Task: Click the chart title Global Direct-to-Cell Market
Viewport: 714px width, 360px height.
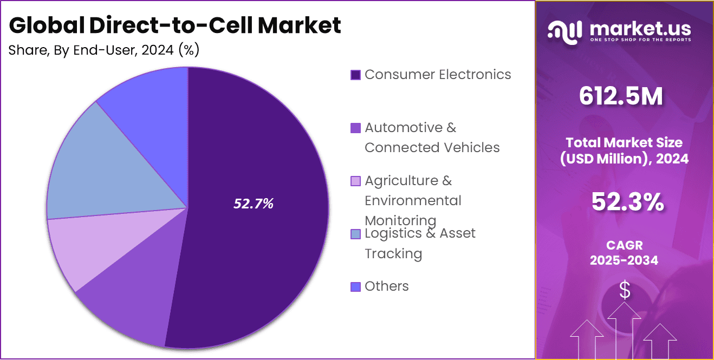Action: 175,25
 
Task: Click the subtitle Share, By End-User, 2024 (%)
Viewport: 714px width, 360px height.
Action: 104,50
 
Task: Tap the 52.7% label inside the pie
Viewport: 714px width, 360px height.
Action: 254,204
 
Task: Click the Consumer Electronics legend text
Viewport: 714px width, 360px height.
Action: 438,74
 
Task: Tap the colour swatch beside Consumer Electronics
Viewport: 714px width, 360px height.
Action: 355,75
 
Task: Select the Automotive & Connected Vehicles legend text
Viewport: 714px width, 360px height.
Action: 432,138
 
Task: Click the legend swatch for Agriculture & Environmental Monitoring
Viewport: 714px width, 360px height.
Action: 355,181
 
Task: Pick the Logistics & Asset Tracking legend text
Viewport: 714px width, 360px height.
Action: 420,243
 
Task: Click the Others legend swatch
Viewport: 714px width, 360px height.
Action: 355,286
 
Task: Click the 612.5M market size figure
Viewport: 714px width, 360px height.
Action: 620,96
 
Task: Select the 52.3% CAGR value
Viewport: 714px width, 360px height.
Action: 627,202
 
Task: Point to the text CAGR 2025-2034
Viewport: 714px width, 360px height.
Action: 624,253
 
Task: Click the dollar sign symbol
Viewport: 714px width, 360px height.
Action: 625,291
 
